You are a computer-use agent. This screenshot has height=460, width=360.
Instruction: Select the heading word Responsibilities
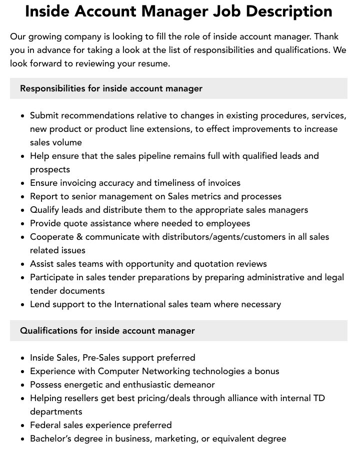52,88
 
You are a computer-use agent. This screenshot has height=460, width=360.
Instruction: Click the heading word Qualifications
48,331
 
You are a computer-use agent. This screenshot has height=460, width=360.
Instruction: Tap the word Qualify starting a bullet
46,210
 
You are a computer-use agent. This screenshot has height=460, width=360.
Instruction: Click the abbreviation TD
318,398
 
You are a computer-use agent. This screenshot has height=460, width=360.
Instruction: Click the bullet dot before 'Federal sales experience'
23,426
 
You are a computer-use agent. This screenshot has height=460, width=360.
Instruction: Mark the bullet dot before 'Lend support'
23,305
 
